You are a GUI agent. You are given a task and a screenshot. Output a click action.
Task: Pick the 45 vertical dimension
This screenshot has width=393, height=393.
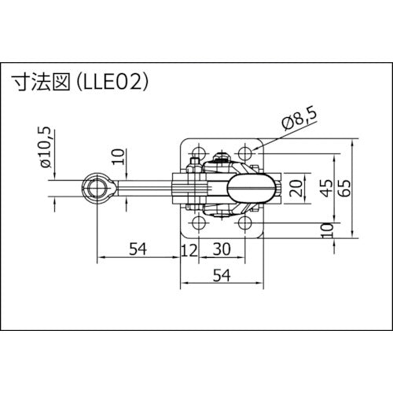[325, 188]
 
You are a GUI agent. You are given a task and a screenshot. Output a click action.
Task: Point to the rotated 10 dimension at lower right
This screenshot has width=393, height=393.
[325, 230]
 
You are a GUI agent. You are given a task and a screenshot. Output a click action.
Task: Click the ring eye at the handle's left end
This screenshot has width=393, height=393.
[96, 188]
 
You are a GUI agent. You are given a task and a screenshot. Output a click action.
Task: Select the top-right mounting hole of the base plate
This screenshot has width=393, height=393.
[245, 150]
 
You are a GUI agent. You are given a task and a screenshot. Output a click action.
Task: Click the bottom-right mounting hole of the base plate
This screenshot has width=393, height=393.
[245, 226]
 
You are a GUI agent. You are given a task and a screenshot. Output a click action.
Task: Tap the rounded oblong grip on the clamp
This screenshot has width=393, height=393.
[251, 188]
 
